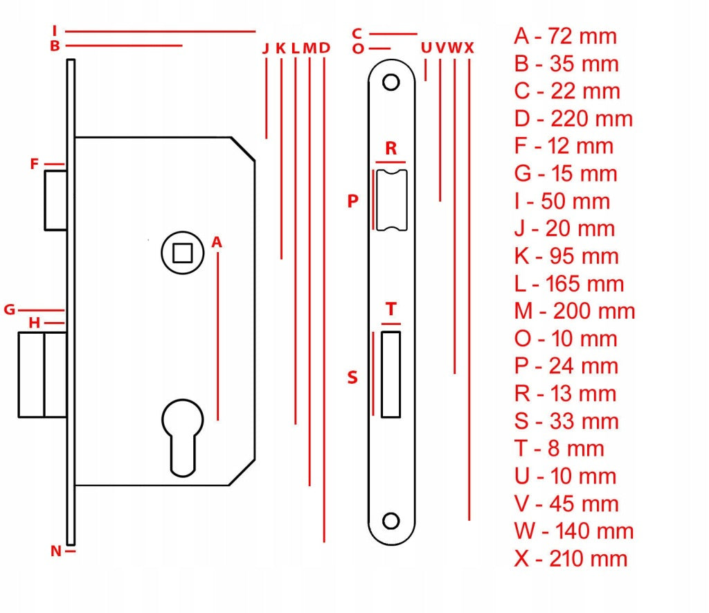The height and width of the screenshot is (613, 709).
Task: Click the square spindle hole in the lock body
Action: click(x=183, y=253)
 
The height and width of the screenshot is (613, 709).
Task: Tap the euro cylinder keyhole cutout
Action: click(x=183, y=438)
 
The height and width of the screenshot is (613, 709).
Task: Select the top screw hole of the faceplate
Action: click(x=391, y=82)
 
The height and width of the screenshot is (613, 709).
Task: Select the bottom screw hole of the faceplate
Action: click(x=391, y=521)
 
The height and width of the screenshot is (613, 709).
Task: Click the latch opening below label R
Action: click(x=392, y=200)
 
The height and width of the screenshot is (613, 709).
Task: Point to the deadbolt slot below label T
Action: click(x=391, y=375)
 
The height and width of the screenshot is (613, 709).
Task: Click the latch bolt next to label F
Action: click(x=55, y=200)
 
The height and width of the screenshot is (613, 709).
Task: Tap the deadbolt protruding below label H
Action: click(x=43, y=375)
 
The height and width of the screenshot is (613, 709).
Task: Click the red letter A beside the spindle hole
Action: click(x=217, y=242)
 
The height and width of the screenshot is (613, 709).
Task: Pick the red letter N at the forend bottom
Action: click(x=55, y=551)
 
